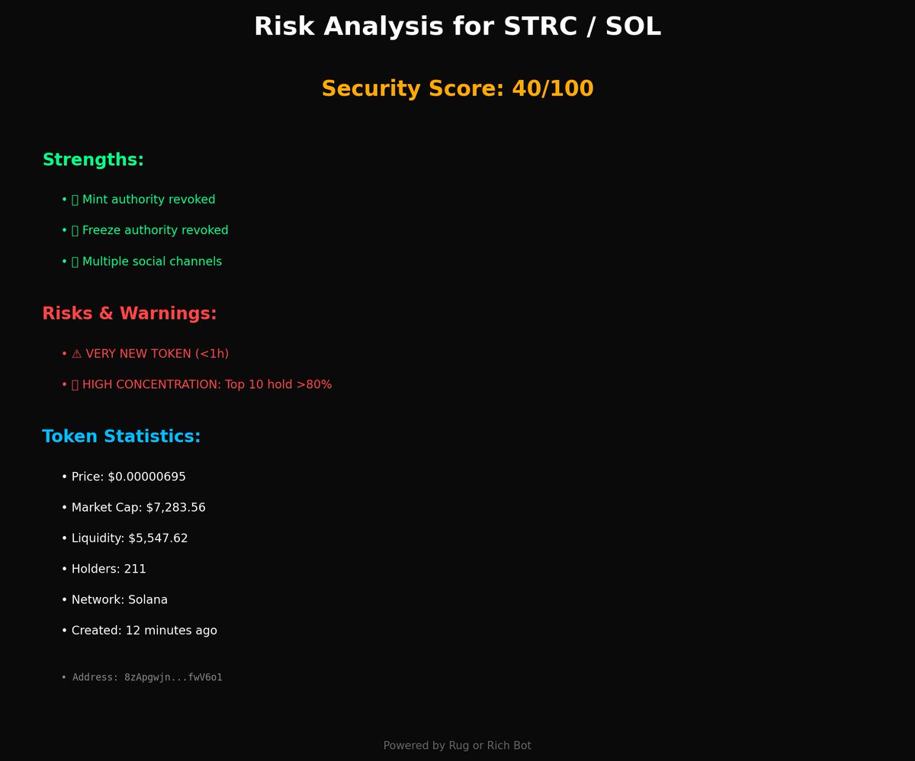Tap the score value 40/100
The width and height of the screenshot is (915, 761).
pyautogui.click(x=552, y=88)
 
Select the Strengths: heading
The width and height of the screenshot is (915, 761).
pyautogui.click(x=93, y=160)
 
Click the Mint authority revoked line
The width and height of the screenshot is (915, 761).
pyautogui.click(x=149, y=200)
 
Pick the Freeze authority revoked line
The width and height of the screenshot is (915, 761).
pyautogui.click(x=155, y=230)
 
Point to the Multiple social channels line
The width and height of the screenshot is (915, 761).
pyautogui.click(x=152, y=262)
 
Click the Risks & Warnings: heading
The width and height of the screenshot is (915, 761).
pyautogui.click(x=130, y=313)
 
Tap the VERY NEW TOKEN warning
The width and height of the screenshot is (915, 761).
pyautogui.click(x=157, y=354)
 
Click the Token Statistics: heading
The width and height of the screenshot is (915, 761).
pyautogui.click(x=121, y=437)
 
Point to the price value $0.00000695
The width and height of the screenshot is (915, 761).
pyautogui.click(x=146, y=477)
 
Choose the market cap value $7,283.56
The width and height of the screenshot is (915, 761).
pyautogui.click(x=175, y=508)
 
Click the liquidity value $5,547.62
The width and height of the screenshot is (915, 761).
pyautogui.click(x=158, y=538)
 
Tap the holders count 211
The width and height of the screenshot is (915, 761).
pyautogui.click(x=135, y=569)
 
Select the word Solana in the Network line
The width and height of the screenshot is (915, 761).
pyautogui.click(x=148, y=600)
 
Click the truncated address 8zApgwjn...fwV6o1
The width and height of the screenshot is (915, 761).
pyautogui.click(x=173, y=677)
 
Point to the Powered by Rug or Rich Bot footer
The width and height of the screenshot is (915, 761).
pyautogui.click(x=457, y=746)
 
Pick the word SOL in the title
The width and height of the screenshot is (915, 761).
pyautogui.click(x=633, y=27)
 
